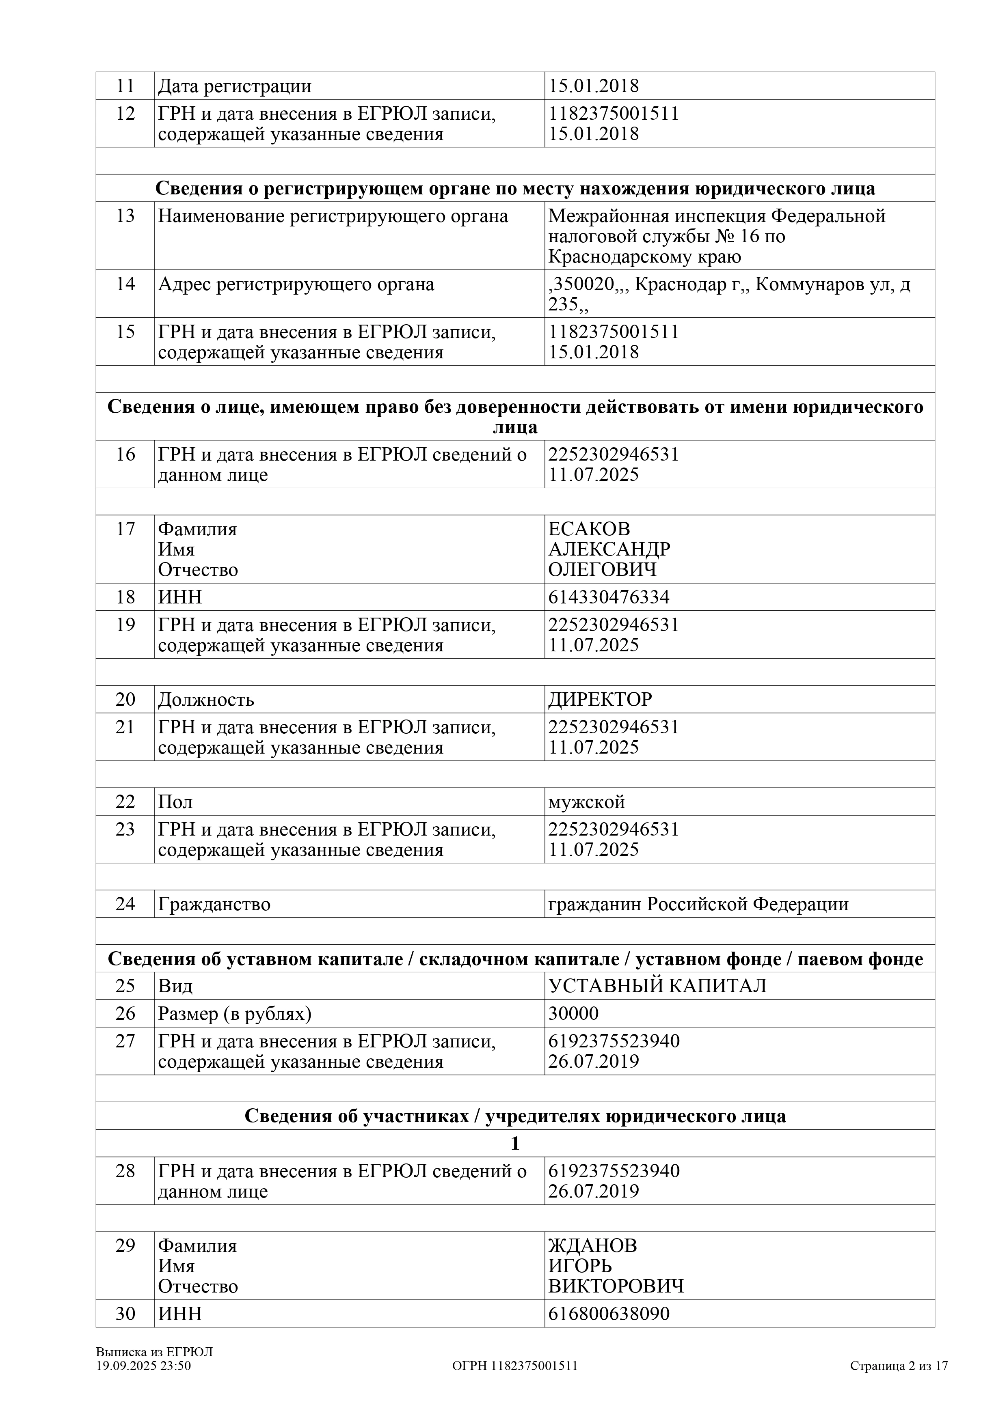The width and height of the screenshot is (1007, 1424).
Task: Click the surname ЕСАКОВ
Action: (589, 529)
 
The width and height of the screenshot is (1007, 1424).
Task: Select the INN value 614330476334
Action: (609, 597)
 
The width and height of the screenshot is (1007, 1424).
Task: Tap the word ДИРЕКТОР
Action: (600, 700)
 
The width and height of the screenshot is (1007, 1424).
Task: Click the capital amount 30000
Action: (573, 1013)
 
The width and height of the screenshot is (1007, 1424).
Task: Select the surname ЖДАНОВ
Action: (592, 1245)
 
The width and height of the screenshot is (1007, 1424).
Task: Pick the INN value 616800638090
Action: (609, 1314)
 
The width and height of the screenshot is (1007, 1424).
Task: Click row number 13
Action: (125, 216)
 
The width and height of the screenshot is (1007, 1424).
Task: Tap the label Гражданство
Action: (214, 904)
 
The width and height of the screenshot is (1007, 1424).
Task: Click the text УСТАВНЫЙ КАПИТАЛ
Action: (657, 986)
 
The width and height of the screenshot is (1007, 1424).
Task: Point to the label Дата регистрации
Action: (235, 86)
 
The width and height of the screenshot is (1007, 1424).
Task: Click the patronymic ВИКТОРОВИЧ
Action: (616, 1286)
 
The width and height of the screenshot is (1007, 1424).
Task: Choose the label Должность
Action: (206, 700)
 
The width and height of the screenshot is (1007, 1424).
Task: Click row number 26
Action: (125, 1013)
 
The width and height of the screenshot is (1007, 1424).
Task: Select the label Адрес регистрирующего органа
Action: (296, 284)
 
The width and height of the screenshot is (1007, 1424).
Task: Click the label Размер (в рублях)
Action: (235, 1013)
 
